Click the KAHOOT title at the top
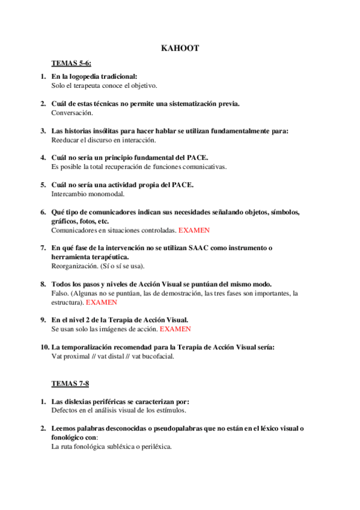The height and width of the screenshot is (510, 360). tap(180, 48)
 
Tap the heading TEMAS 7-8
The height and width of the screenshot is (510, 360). tap(70, 383)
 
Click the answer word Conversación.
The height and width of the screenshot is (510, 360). tap(72, 112)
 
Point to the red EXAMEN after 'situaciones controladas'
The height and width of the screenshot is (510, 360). tap(194, 230)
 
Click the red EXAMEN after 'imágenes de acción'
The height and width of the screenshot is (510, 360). tap(175, 329)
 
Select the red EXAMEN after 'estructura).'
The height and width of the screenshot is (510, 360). tap(102, 302)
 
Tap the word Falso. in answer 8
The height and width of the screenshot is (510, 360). tap(59, 293)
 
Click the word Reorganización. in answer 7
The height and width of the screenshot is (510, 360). tap(75, 266)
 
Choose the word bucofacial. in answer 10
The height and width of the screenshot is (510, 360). tap(157, 356)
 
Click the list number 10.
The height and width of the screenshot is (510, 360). tap(44, 347)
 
